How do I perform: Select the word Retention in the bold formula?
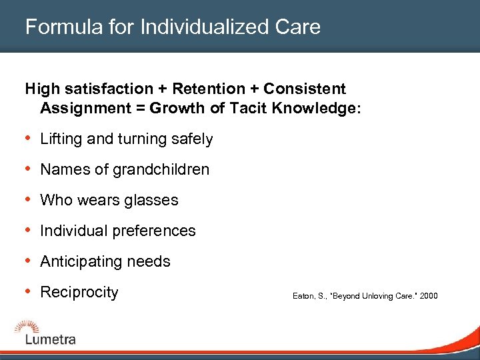(211, 89)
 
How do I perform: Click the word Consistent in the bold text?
(305, 89)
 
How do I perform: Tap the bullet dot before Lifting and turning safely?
(28, 139)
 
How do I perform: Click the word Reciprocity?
(79, 293)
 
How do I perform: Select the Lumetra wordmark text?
(51, 339)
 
